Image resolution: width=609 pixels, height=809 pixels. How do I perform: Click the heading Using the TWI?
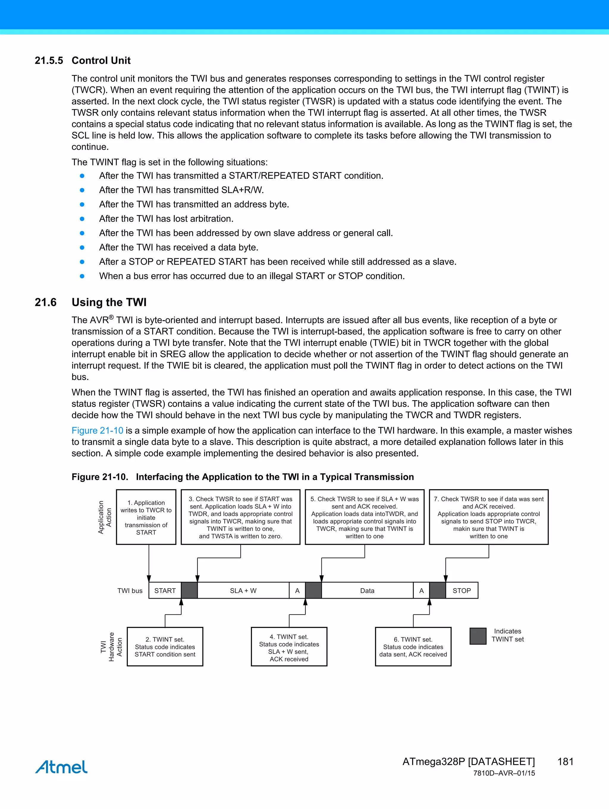tap(109, 303)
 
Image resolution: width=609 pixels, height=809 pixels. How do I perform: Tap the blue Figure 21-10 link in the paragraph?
tap(97, 431)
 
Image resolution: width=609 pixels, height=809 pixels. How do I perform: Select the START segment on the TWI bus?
tap(165, 591)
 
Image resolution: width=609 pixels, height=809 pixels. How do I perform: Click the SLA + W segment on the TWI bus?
tap(243, 591)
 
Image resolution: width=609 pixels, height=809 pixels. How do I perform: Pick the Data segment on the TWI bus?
tap(367, 591)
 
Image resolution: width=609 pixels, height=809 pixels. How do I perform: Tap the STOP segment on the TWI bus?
tap(462, 591)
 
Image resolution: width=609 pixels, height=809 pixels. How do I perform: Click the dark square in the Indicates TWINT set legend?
tap(478, 636)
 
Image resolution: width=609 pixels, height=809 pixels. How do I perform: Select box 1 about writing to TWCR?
tap(146, 517)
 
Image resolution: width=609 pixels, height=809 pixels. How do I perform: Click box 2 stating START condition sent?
tap(165, 647)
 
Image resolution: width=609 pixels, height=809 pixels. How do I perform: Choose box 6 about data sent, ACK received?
tap(413, 647)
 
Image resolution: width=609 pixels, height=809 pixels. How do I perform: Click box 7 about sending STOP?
tap(488, 517)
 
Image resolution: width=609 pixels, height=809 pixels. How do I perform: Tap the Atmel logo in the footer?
tap(62, 767)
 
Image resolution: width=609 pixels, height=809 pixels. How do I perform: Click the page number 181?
tap(565, 762)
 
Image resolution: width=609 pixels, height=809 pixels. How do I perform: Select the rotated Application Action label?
tap(105, 517)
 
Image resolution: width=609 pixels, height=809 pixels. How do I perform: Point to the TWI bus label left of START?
tap(130, 591)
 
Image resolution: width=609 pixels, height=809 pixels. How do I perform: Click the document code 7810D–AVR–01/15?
tap(504, 773)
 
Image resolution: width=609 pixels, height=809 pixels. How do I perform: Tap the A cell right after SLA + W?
tap(297, 591)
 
